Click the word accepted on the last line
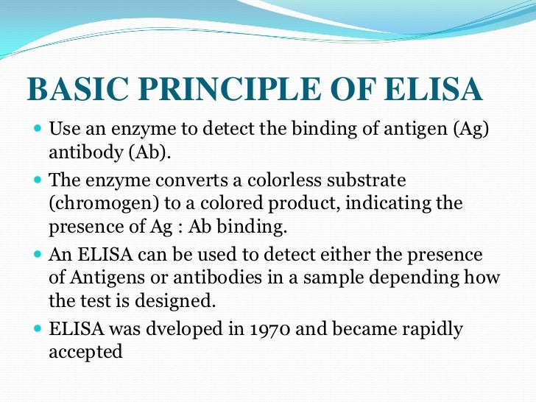85,352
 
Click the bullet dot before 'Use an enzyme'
38,130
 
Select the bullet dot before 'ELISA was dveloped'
38,328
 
